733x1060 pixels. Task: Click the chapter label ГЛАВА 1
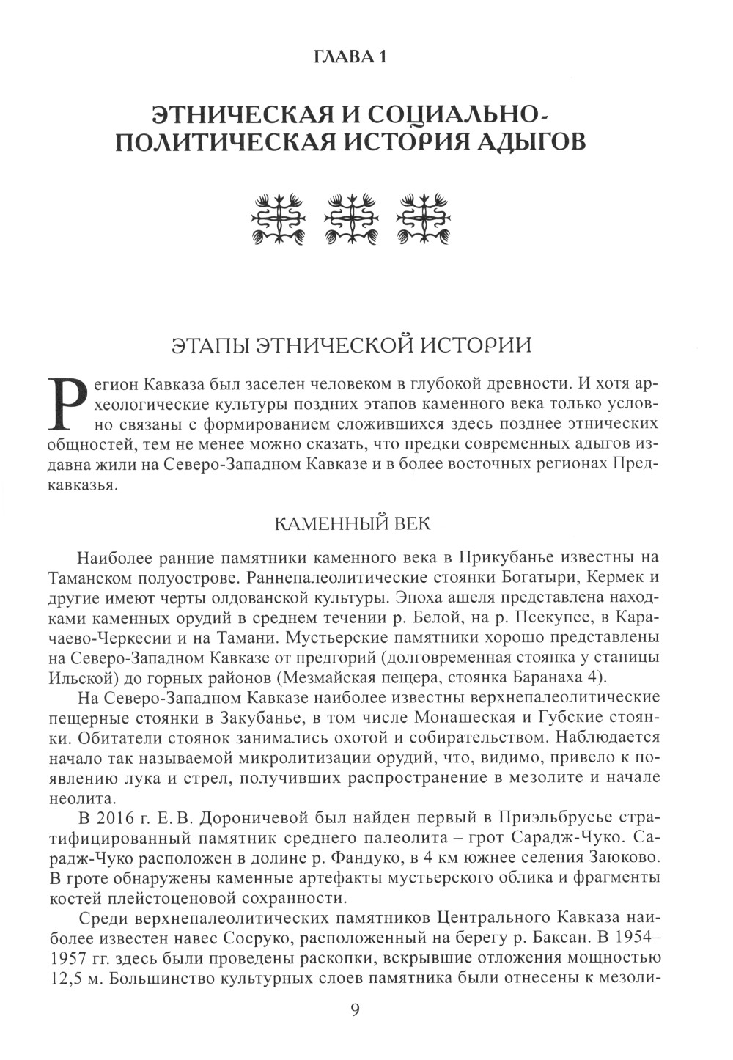(350, 57)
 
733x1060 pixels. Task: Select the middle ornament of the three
(350, 218)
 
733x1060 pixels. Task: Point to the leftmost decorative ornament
(276, 218)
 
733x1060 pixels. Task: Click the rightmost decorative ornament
(423, 218)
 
